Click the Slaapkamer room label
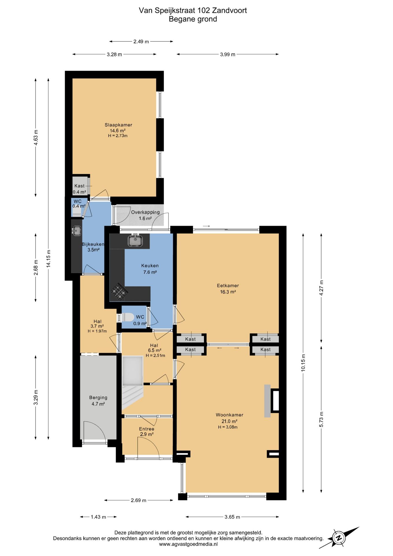[118, 125]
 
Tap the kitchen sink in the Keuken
[135, 240]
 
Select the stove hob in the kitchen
[119, 291]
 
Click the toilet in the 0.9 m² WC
[128, 317]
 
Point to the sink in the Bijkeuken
[77, 231]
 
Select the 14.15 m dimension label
[49, 258]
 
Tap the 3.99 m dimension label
[228, 54]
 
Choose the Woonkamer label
[229, 415]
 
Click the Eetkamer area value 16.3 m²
[228, 292]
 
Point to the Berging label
[98, 398]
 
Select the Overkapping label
[145, 212]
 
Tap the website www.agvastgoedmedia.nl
[188, 544]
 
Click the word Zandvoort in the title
[229, 10]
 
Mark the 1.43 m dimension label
[98, 517]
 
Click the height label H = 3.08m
[228, 427]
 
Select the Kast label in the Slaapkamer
[80, 186]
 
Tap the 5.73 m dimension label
[321, 419]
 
